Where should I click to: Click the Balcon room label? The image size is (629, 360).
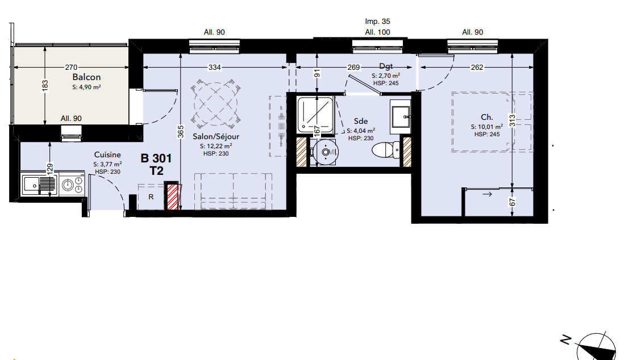tap(86, 77)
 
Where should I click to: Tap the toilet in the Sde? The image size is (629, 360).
tap(386, 150)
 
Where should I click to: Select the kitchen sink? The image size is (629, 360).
tap(39, 185)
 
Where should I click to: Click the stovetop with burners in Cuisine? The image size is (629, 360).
tap(72, 185)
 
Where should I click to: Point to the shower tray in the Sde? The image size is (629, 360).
tap(315, 114)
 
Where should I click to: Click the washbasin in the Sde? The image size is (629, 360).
tap(401, 116)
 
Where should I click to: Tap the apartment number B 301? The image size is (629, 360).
tap(156, 158)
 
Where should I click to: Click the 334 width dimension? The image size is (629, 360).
tap(215, 68)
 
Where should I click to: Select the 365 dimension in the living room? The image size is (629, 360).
tap(181, 132)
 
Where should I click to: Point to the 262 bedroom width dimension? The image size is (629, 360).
tap(477, 68)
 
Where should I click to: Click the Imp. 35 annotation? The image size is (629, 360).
tap(377, 21)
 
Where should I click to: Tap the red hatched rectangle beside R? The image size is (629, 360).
tap(173, 196)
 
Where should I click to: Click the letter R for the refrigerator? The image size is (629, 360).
tap(151, 197)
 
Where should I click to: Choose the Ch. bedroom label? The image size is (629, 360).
tap(487, 117)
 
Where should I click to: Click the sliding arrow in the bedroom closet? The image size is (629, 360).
tap(487, 194)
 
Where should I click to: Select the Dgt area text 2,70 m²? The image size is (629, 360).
tap(385, 76)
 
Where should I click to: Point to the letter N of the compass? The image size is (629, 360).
tap(566, 340)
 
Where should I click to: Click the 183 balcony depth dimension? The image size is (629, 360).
tap(45, 85)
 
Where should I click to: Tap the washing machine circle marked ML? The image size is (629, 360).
tap(326, 152)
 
